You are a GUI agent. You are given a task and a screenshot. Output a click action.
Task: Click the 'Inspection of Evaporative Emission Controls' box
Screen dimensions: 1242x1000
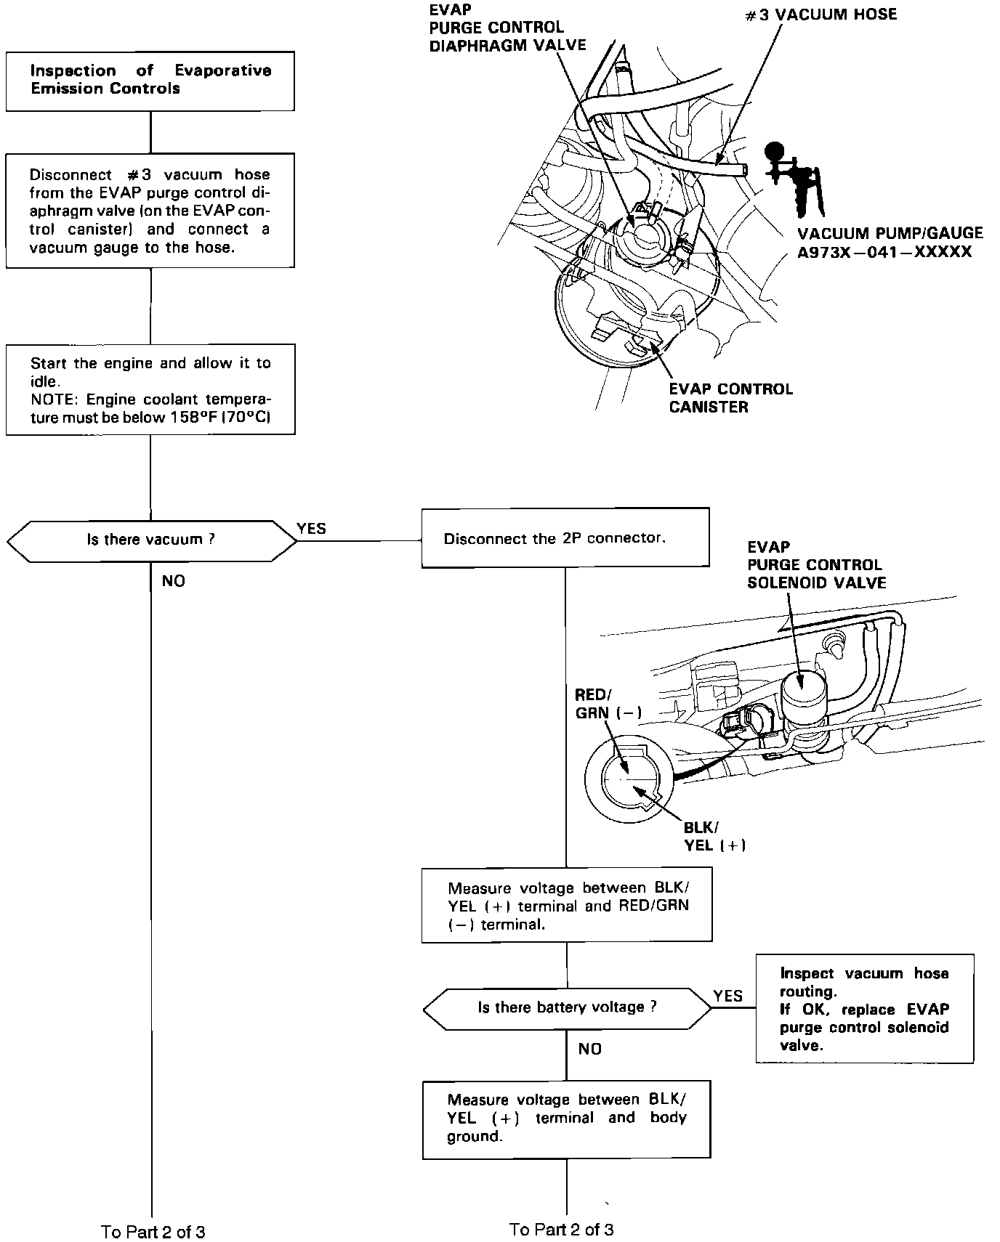click(x=150, y=81)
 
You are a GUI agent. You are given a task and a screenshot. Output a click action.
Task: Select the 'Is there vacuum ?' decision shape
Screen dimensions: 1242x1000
click(x=151, y=540)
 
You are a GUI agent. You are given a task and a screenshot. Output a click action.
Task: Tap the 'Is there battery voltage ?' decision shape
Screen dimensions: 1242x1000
click(x=567, y=1007)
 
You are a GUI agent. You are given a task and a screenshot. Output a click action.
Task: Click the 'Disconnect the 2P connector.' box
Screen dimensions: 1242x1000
click(x=565, y=538)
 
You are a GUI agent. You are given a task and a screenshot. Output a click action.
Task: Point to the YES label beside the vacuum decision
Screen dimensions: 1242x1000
click(x=311, y=529)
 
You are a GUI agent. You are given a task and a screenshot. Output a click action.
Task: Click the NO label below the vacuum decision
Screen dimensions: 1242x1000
click(x=173, y=581)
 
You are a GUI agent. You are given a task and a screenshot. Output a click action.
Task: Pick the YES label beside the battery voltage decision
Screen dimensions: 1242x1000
click(x=727, y=996)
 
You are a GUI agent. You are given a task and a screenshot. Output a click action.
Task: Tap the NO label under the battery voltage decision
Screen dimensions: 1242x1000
click(x=589, y=1049)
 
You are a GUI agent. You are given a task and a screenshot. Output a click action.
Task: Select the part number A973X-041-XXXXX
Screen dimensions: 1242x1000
click(x=884, y=252)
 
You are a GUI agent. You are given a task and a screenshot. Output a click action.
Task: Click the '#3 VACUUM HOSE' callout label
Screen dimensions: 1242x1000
click(x=821, y=15)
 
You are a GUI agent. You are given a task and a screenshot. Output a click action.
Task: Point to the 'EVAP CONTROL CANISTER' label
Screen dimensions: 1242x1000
click(x=730, y=398)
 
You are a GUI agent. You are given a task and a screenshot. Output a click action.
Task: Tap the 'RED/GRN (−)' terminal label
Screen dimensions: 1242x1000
click(x=608, y=704)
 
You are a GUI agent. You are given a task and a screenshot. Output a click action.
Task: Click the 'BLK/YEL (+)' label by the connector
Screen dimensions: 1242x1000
click(x=714, y=836)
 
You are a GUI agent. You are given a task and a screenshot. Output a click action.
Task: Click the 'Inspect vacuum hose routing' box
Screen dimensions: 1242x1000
click(x=864, y=1009)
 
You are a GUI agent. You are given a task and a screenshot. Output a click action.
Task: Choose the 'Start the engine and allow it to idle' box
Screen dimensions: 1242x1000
click(x=150, y=390)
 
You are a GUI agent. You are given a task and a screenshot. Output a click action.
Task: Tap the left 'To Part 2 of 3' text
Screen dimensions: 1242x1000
click(x=153, y=1232)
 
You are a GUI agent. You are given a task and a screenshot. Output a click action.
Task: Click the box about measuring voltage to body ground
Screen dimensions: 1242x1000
click(x=566, y=1119)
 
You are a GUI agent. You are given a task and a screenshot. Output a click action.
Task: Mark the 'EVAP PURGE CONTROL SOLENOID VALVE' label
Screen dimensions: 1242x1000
click(x=816, y=564)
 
